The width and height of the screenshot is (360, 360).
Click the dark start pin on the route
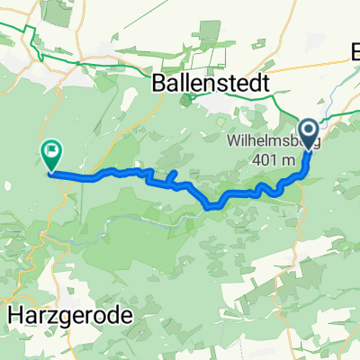click(x=309, y=135)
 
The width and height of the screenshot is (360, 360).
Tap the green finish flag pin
click(x=51, y=155)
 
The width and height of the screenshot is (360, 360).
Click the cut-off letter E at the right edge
click(x=354, y=56)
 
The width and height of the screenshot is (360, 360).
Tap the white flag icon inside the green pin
click(x=51, y=152)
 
